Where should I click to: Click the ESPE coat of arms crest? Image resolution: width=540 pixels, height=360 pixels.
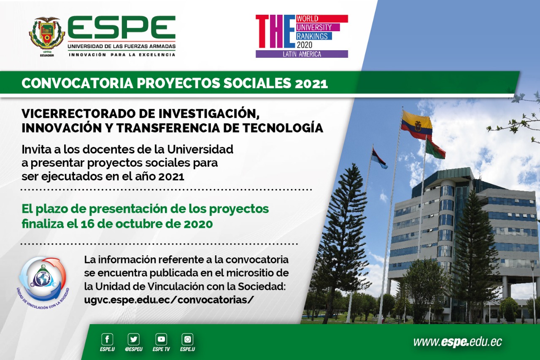(47, 35)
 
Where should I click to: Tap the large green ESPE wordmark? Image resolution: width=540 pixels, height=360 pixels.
(121, 28)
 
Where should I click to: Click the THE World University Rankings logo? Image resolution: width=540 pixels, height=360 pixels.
(302, 36)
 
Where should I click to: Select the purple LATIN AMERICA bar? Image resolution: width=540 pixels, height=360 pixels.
(302, 54)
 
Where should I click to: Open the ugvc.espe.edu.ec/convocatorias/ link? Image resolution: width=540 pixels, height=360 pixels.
(169, 300)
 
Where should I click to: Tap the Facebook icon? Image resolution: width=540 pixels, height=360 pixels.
(107, 339)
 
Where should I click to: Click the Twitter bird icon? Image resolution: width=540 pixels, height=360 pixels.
(134, 339)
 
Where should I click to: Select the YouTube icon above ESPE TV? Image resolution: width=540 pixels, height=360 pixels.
(161, 339)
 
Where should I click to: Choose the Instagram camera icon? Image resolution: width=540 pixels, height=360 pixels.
(187, 339)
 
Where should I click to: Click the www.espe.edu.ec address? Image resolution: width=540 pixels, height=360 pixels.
(458, 342)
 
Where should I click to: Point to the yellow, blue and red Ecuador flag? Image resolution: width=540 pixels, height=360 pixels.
(416, 125)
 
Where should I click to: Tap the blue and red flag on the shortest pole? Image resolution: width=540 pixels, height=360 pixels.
(379, 158)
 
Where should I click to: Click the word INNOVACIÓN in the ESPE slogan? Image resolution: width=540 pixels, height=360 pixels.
(87, 55)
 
